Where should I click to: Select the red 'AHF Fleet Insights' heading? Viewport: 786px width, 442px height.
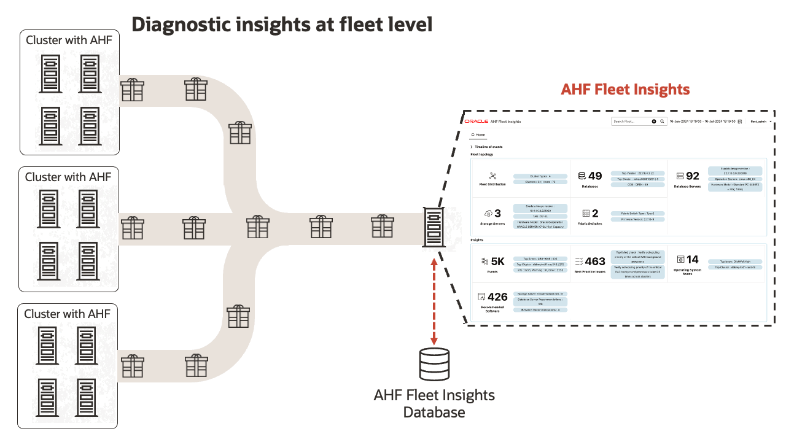[x=625, y=89]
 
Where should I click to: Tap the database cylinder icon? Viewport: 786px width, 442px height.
[x=434, y=365]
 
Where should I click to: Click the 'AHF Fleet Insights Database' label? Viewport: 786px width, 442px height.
[x=434, y=403]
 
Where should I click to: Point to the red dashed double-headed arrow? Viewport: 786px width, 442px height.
[x=434, y=301]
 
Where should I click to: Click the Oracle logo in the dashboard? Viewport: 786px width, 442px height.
[x=477, y=122]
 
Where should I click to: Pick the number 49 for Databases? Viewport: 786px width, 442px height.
[x=594, y=176]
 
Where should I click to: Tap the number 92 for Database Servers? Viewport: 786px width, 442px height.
[x=692, y=176]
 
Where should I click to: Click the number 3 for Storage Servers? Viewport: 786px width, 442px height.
[x=497, y=214]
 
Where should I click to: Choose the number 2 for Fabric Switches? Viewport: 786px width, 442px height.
[x=594, y=214]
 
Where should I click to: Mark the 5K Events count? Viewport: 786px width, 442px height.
[x=497, y=262]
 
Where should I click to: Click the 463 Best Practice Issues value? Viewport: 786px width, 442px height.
[x=594, y=262]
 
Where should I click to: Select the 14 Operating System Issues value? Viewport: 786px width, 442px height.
[x=692, y=260]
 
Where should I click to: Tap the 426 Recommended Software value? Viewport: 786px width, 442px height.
[x=497, y=297]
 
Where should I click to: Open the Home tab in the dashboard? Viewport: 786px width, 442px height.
[x=478, y=134]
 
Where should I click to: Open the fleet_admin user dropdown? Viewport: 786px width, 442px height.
[x=761, y=122]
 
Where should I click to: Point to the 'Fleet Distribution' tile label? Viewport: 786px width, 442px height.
[x=492, y=184]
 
